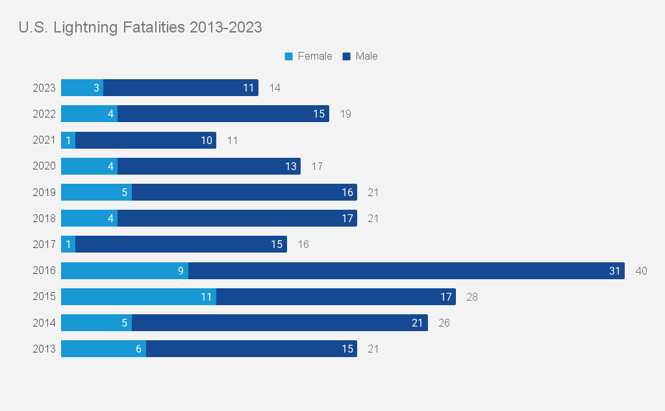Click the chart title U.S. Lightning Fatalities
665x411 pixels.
point(140,27)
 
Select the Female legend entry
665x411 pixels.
point(308,56)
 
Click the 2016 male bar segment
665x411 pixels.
point(406,271)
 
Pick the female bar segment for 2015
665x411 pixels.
point(138,297)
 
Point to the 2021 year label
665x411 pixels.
point(44,140)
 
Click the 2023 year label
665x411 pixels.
point(44,88)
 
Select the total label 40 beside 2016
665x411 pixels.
point(641,271)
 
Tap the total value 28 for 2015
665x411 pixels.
point(472,297)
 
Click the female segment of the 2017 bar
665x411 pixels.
point(68,244)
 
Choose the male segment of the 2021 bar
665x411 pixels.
point(145,140)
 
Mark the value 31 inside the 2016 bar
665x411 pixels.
point(614,271)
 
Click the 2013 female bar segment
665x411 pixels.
point(103,349)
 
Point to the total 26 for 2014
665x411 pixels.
point(444,323)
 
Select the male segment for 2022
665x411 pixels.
point(223,114)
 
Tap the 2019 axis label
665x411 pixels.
point(44,192)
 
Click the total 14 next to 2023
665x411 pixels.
point(275,88)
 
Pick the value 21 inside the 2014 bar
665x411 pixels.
point(418,323)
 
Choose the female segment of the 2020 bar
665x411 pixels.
point(89,166)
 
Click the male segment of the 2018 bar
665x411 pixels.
point(237,218)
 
